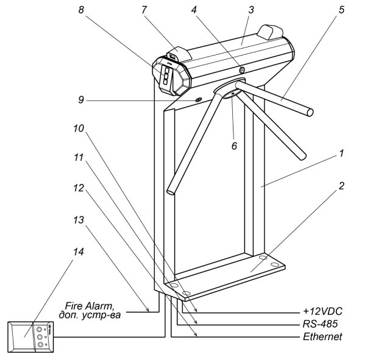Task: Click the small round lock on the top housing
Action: pos(243,71)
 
